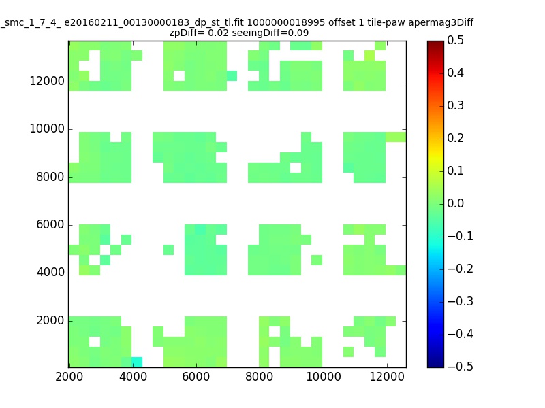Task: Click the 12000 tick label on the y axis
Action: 47,81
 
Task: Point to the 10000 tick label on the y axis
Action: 47,129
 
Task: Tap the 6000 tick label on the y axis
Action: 50,224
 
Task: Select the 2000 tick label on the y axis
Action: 50,320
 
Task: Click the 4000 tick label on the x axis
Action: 133,377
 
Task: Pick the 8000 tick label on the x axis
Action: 260,377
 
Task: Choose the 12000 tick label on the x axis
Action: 387,377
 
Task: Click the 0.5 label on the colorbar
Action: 455,40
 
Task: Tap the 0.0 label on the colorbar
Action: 455,203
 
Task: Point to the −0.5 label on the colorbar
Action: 461,367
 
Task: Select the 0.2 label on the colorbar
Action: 455,138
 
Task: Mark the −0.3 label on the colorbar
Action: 461,301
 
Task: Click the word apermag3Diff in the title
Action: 441,23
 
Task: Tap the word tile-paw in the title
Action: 386,23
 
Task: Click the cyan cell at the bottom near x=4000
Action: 137,362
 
